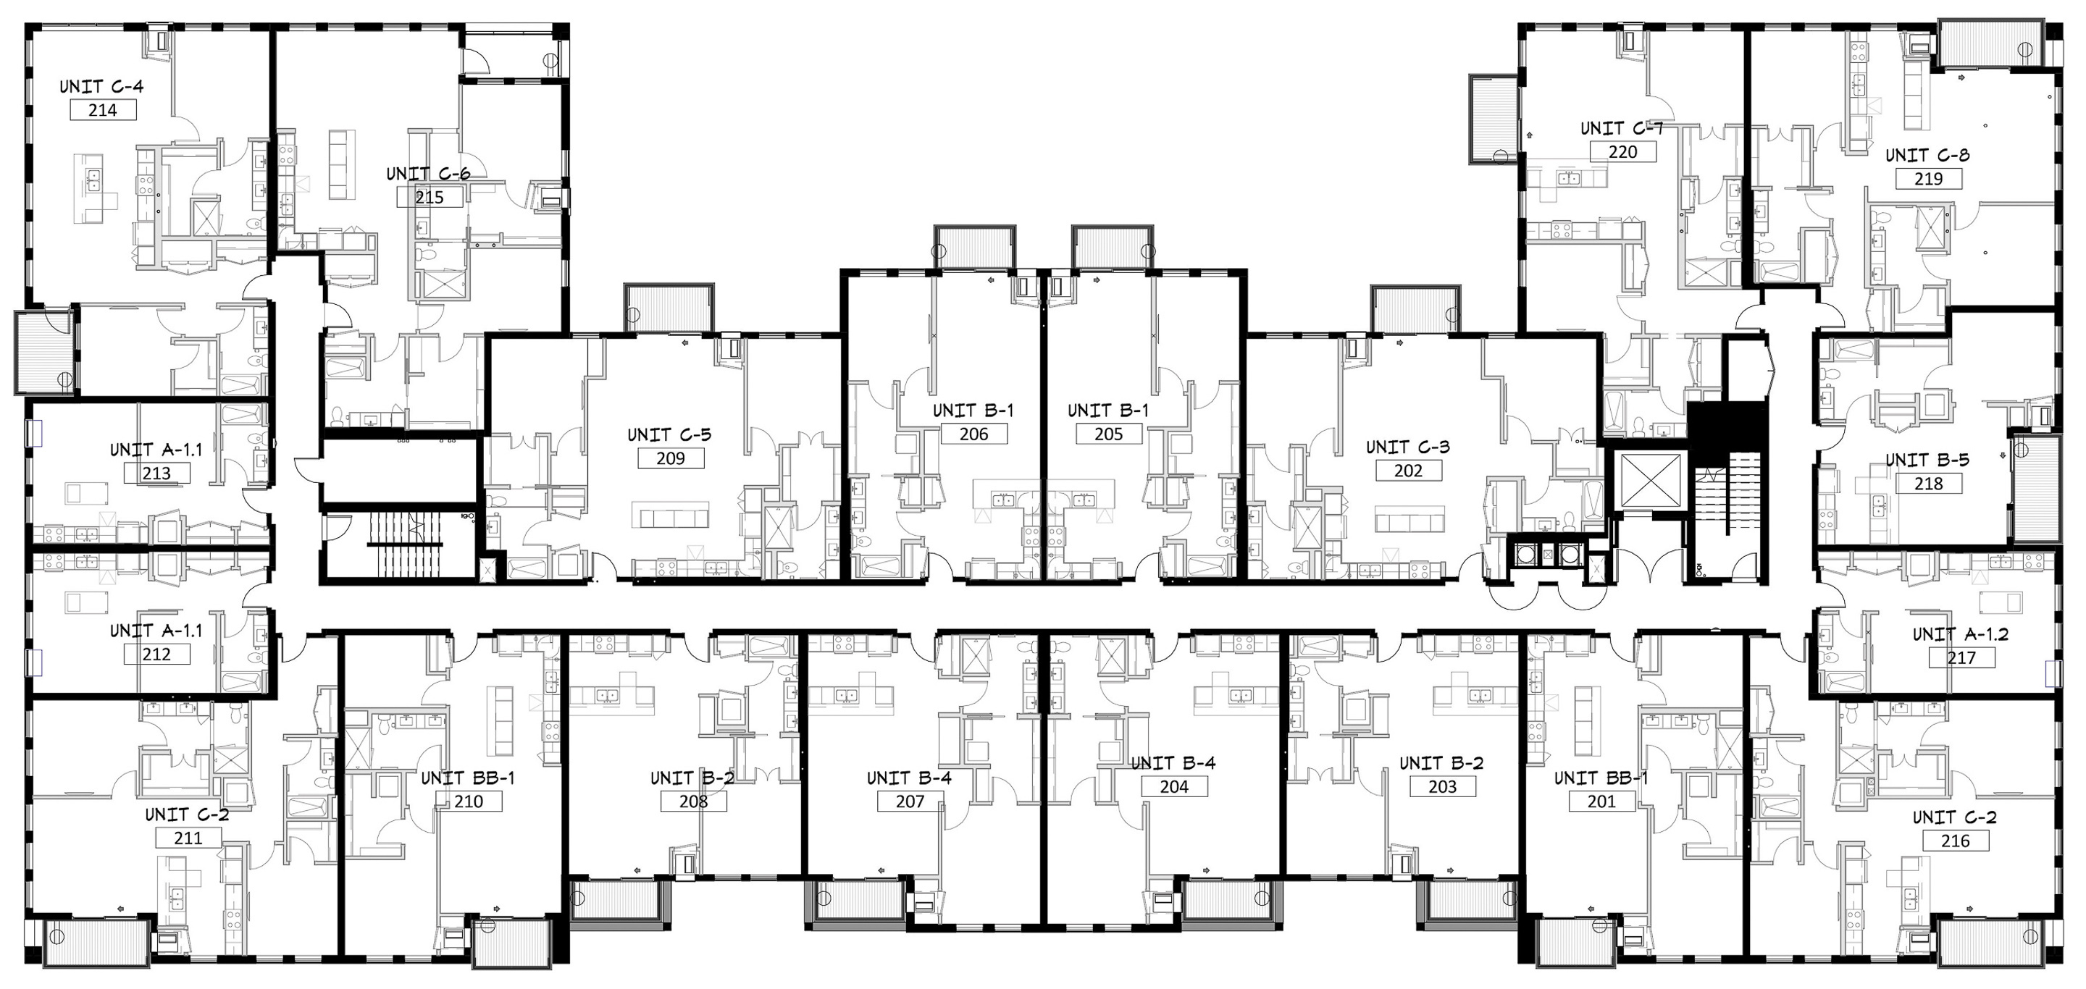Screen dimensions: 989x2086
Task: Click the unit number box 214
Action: (x=103, y=110)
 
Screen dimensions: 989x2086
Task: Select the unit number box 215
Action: (x=430, y=197)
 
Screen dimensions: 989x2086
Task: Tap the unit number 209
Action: (x=671, y=458)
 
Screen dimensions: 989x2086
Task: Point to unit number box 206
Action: (x=973, y=434)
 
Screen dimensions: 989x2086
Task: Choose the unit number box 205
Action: (x=1109, y=434)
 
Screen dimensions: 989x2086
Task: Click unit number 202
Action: (x=1408, y=470)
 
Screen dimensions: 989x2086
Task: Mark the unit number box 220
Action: (x=1622, y=151)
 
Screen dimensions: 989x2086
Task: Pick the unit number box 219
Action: (x=1928, y=179)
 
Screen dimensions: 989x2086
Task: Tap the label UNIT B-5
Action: (x=1927, y=460)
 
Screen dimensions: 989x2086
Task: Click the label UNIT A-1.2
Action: (x=1961, y=634)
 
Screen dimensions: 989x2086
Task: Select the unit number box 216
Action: (x=1955, y=841)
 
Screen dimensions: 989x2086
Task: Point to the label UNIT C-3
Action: (x=1407, y=447)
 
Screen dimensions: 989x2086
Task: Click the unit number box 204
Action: (x=1173, y=787)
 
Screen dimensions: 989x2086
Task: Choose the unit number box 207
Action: (x=910, y=801)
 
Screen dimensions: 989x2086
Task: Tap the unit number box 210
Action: (x=468, y=801)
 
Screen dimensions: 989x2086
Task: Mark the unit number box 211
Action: (x=188, y=838)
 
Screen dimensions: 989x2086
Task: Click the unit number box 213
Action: (x=156, y=474)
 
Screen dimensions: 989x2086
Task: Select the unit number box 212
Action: (x=156, y=654)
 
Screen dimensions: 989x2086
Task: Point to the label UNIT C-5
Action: (x=670, y=434)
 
